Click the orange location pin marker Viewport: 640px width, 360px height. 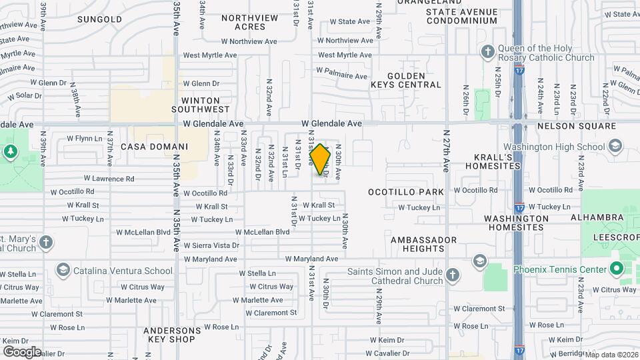coord(320,159)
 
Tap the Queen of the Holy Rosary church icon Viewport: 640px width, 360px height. coord(488,51)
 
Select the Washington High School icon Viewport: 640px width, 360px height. coord(615,147)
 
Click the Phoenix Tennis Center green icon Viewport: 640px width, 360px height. coord(617,269)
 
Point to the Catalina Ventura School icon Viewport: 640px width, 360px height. coord(63,271)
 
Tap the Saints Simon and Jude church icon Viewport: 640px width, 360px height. coord(453,275)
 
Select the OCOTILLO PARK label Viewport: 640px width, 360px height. coord(406,192)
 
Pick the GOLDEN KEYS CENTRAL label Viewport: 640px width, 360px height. coord(405,81)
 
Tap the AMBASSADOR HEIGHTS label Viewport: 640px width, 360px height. coord(423,244)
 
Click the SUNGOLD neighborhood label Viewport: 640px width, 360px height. coord(100,19)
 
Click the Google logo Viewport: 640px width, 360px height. coord(22,351)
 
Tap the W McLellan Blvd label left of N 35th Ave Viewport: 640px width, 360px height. coord(143,232)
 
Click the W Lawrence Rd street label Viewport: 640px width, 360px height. coord(110,179)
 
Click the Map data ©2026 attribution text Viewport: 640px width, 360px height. coord(611,355)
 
